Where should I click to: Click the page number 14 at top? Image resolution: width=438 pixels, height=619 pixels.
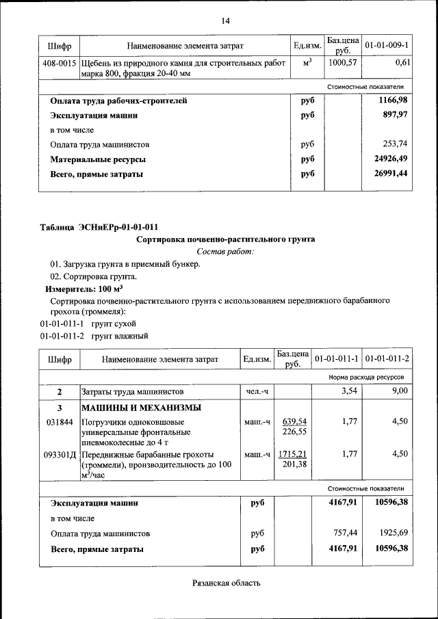[225, 21]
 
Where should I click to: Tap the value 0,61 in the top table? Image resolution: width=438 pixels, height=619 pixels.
[402, 62]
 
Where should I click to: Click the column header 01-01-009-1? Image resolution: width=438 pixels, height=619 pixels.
[387, 45]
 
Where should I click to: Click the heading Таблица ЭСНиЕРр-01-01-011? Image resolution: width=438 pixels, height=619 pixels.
[101, 226]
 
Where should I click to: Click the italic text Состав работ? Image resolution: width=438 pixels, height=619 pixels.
[225, 252]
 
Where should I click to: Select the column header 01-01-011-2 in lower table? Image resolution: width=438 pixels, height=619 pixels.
[387, 359]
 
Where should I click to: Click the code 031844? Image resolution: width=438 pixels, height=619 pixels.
[60, 422]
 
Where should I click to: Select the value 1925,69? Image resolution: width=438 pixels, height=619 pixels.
[391, 533]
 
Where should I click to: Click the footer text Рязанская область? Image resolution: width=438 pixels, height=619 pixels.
[225, 583]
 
